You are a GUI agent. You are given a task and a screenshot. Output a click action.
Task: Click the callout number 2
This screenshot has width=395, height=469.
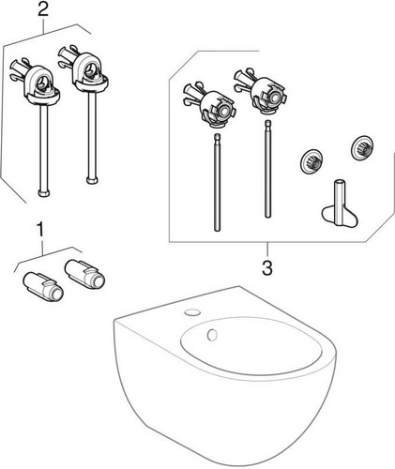[43, 10]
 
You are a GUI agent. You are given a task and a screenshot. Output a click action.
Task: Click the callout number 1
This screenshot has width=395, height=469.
[40, 230]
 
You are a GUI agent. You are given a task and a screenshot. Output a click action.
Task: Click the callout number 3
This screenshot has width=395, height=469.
[267, 268]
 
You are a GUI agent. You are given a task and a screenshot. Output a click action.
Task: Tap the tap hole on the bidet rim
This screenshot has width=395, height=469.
[192, 312]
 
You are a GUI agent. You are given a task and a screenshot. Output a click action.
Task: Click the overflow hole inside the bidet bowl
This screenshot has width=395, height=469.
[212, 335]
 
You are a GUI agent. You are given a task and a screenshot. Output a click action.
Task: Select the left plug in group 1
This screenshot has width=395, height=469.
[43, 286]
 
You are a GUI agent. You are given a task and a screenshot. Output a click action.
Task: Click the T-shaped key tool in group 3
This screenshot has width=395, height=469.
[340, 207]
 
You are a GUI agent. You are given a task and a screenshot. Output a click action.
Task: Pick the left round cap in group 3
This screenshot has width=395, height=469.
[311, 163]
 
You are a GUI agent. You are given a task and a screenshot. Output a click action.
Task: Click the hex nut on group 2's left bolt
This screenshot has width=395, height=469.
[44, 192]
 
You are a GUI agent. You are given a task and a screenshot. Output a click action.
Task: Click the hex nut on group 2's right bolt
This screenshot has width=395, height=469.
[92, 180]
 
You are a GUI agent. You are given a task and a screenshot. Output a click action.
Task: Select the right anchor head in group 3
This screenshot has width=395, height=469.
[262, 90]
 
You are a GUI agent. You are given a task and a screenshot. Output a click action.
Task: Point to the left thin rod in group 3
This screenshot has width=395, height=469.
[217, 183]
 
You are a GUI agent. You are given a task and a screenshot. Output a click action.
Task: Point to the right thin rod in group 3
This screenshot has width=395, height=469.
[267, 169]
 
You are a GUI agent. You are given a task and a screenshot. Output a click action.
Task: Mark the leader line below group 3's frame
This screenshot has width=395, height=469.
[267, 250]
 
